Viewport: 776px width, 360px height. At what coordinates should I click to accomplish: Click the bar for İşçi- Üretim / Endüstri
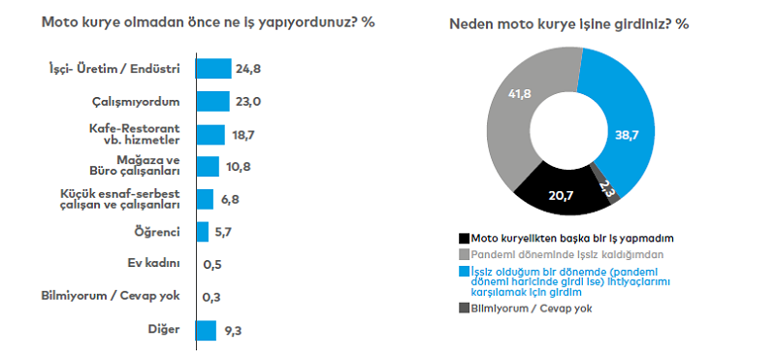pos(214,68)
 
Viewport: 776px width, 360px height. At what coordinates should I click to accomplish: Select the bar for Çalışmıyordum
pos(212,101)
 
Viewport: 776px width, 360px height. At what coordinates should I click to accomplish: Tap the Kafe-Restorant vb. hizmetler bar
pos(210,134)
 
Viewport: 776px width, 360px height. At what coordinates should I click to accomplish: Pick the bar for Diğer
pos(206,330)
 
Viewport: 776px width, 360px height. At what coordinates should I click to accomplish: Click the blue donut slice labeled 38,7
pos(620,131)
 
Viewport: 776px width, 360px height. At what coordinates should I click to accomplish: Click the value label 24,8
pos(247,68)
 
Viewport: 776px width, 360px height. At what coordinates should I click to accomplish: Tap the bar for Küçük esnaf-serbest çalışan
pos(205,199)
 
